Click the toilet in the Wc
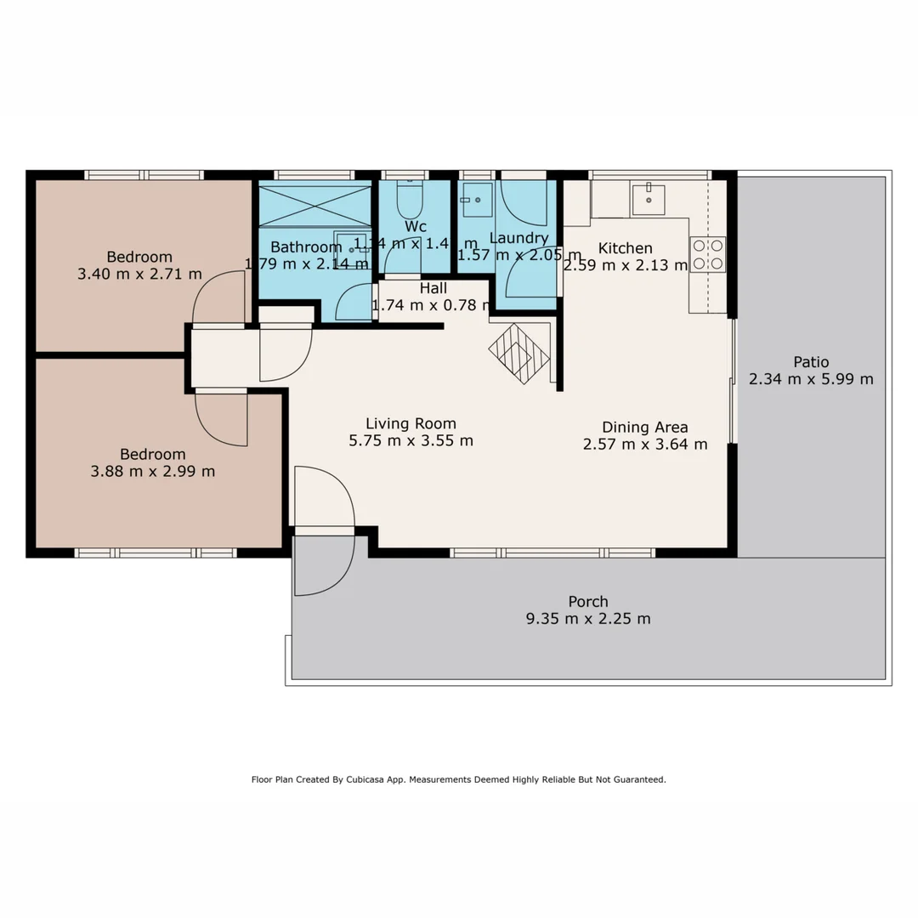(409, 200)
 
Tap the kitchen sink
(649, 199)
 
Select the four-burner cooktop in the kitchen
(707, 254)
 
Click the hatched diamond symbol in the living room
(519, 352)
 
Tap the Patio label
(811, 361)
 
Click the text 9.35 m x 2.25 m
(588, 619)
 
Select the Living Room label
(411, 423)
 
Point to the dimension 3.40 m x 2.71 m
(139, 274)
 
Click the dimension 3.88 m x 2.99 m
(152, 471)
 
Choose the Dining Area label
(644, 427)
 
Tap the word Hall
(433, 288)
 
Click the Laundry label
(518, 238)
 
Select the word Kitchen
(625, 248)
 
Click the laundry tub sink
(477, 200)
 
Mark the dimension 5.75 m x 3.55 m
(411, 440)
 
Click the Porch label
(588, 602)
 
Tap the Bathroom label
(306, 247)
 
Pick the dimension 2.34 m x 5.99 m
(811, 379)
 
